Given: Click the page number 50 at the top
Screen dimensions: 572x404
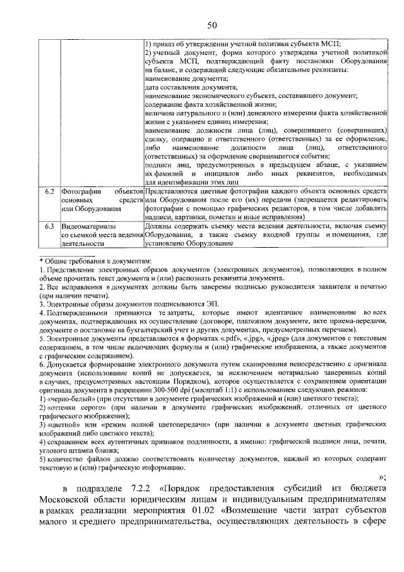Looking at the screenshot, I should pos(211,25).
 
